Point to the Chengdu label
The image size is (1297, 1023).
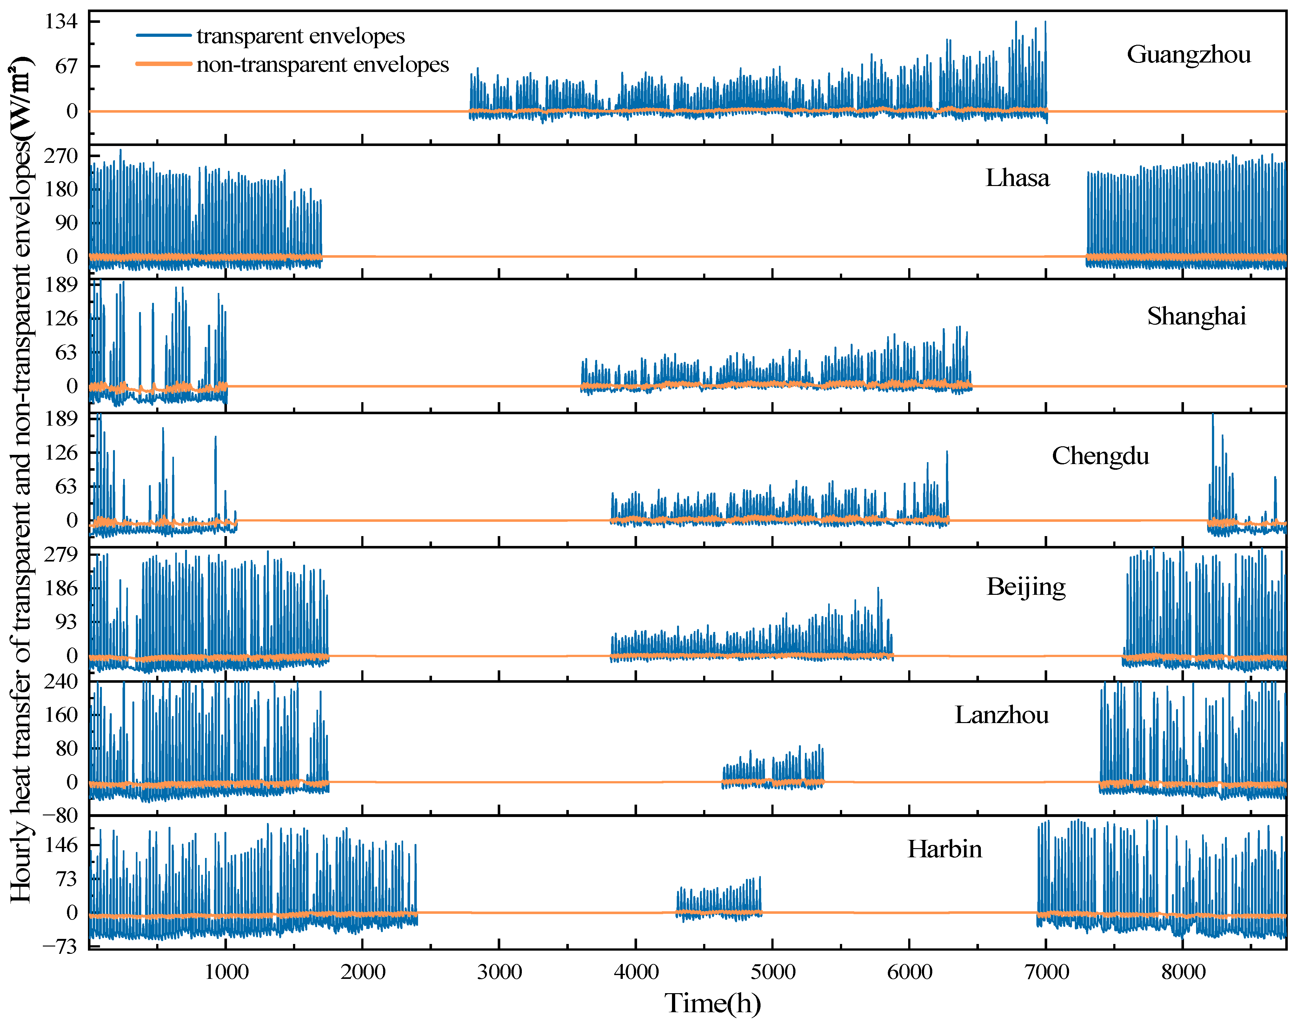point(1101,456)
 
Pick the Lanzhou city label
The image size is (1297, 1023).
point(1002,715)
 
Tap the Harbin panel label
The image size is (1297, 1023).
point(945,849)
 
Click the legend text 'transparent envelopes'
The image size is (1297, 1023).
point(301,37)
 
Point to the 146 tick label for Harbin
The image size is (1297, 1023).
point(62,846)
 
